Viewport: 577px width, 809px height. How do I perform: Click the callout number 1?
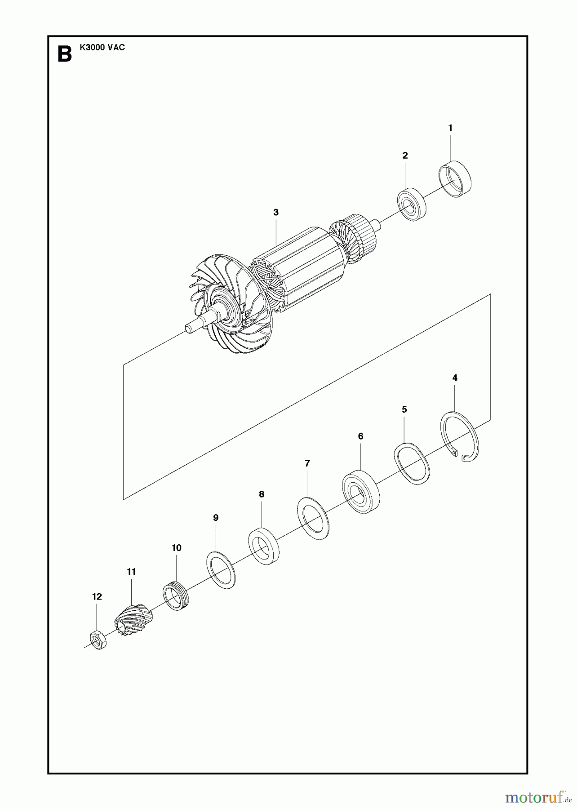[x=450, y=128]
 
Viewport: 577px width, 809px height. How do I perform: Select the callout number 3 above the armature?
[x=276, y=212]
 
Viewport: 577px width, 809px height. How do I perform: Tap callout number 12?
[x=97, y=596]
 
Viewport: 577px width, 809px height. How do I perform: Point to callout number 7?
[x=307, y=463]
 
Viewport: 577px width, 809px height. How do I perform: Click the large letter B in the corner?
[x=65, y=54]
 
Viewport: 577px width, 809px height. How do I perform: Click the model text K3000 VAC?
[x=102, y=47]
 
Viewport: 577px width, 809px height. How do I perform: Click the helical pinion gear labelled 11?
[x=133, y=620]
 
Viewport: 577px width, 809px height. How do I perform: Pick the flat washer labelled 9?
[x=221, y=570]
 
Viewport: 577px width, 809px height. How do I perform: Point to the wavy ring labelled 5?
[x=412, y=463]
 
